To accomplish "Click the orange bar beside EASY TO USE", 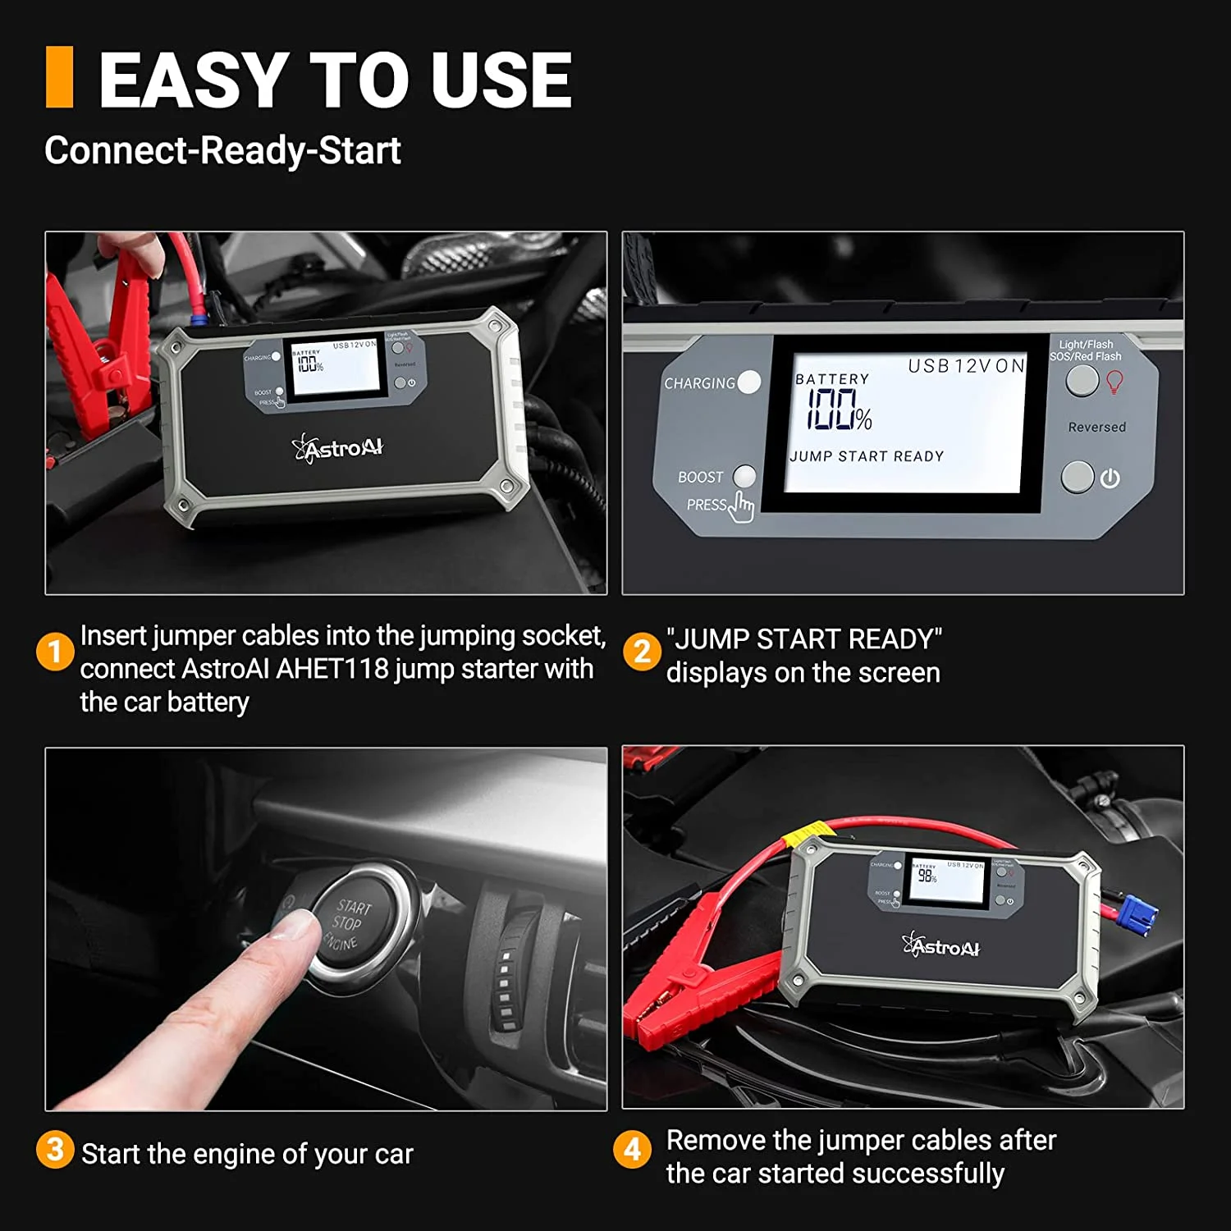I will [59, 77].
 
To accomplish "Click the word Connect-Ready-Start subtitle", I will [222, 150].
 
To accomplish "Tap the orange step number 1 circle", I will [55, 652].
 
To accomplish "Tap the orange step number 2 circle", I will [642, 652].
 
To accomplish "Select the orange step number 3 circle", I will [55, 1150].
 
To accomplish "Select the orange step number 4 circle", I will [632, 1150].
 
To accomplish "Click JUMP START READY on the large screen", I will [867, 456].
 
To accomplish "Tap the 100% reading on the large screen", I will [839, 410].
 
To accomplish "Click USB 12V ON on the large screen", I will [966, 366].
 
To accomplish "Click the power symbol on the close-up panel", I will [1110, 478].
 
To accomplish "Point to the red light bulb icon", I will [1114, 381].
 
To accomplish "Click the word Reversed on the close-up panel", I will [1096, 428].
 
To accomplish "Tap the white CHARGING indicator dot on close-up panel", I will [748, 382].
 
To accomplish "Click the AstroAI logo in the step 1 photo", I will [338, 448].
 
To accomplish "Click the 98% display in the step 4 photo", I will [927, 876].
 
